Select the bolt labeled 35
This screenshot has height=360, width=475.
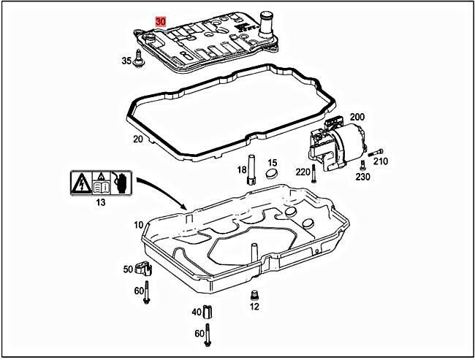(137, 64)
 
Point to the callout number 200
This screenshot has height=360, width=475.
(357, 117)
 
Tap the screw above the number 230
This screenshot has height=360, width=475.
(362, 166)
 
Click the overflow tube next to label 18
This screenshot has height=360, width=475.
(250, 169)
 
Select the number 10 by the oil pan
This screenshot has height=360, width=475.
(138, 225)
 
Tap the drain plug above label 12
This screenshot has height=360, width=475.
(254, 295)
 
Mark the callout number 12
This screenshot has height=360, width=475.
(254, 307)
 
